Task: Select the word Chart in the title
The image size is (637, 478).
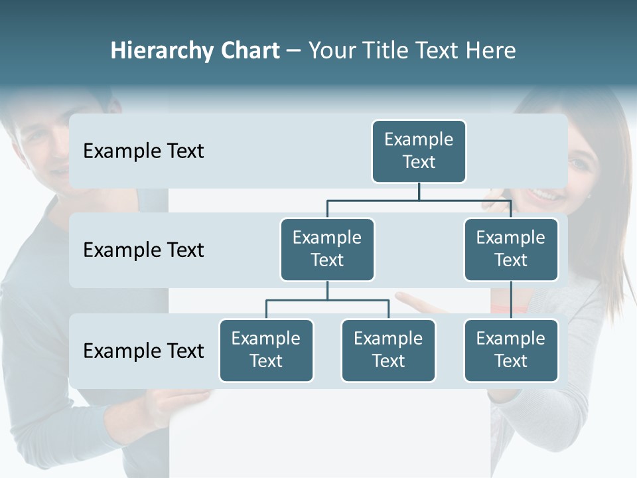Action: (x=249, y=50)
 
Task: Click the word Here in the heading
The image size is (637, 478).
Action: (x=490, y=50)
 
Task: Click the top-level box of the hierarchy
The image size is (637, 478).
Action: (x=419, y=151)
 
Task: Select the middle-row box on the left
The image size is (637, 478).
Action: (x=327, y=249)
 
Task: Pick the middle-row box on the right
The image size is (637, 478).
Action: (x=511, y=249)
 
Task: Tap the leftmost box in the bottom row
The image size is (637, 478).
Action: (x=266, y=350)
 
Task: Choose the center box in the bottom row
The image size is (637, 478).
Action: (x=388, y=350)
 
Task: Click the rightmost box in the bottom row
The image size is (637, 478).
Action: (x=511, y=350)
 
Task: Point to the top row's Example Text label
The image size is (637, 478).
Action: (x=143, y=151)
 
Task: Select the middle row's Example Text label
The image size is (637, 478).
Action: (x=143, y=250)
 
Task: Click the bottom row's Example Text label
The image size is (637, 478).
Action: (x=143, y=351)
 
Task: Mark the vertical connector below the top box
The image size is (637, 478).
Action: (x=419, y=191)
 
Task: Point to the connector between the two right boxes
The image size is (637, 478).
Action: (x=511, y=300)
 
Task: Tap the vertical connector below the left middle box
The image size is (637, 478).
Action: (x=327, y=290)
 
